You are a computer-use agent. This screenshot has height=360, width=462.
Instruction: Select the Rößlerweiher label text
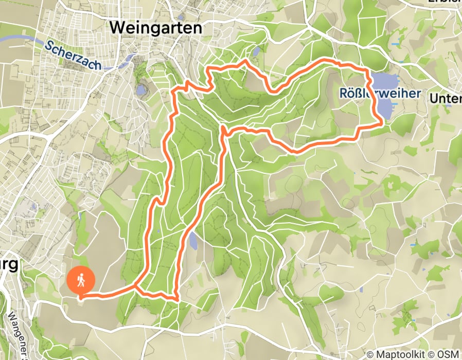tap(380, 94)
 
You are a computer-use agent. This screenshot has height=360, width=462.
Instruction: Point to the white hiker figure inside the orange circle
tap(81, 280)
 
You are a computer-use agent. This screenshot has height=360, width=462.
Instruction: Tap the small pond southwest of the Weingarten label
tap(141, 91)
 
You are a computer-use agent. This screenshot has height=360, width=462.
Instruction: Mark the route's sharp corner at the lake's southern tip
tap(381, 122)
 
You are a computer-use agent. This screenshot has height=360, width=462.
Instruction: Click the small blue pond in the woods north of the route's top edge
tap(256, 51)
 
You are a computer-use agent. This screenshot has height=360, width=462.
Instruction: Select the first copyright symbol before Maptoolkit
tap(370, 354)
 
